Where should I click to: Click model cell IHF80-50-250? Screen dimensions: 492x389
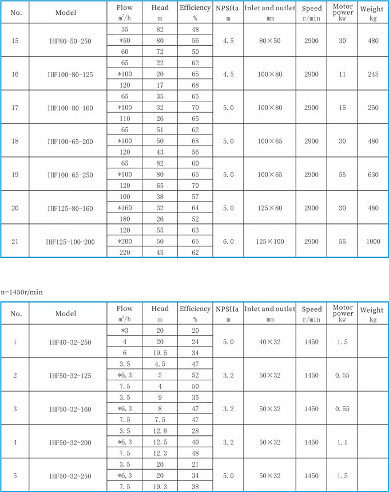70,41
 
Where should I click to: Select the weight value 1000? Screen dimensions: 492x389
372,242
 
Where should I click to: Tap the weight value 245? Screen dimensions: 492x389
372,74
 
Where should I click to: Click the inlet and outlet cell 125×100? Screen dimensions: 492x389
270,242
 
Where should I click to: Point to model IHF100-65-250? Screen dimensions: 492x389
70,175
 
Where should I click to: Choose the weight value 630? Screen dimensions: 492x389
372,175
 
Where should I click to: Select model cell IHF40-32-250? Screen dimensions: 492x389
70,343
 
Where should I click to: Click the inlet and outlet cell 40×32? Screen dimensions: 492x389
270,343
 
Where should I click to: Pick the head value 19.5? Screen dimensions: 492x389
160,353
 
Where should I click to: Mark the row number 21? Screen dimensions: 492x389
15,242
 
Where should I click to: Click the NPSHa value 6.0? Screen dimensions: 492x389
228,242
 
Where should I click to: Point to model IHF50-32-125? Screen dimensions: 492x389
70,376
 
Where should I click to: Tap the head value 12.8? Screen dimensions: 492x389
160,431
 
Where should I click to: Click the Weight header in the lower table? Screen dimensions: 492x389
372,313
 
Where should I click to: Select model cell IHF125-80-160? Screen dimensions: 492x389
70,208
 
